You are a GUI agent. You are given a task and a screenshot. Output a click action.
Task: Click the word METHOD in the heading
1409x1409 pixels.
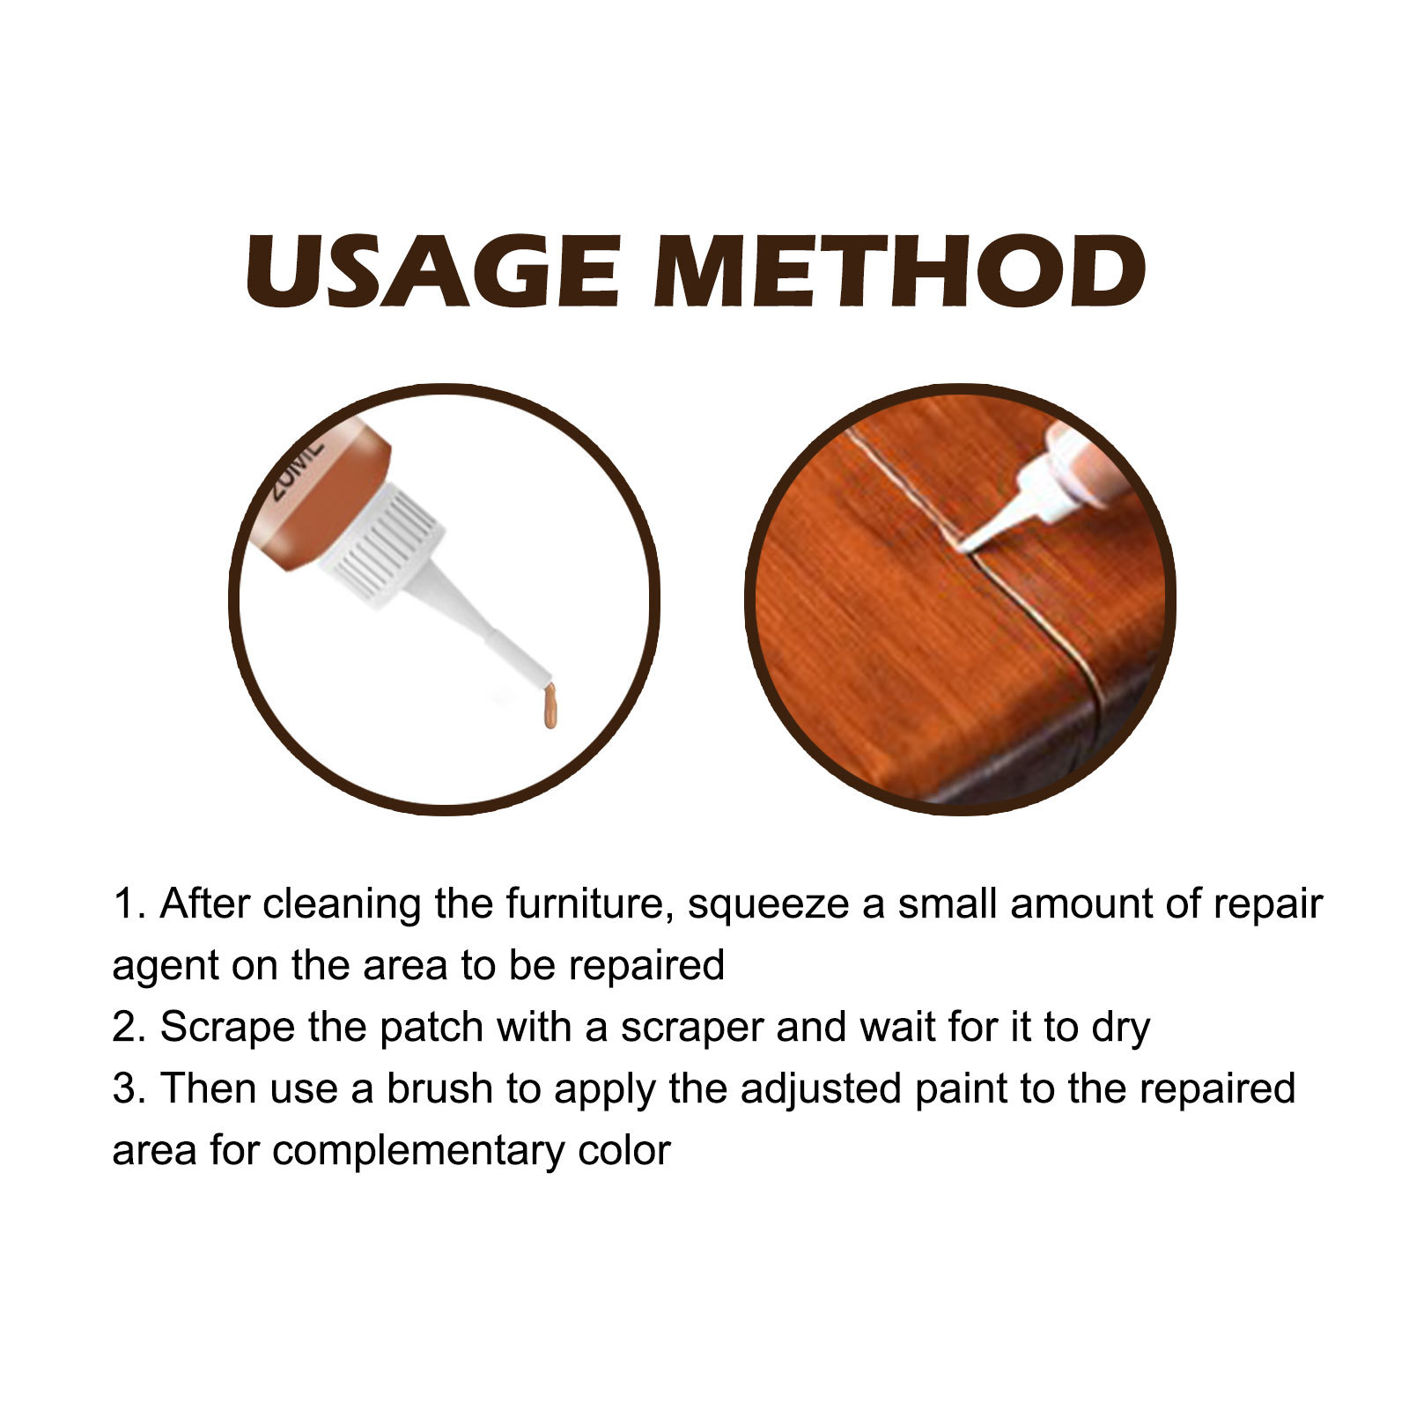[898, 271]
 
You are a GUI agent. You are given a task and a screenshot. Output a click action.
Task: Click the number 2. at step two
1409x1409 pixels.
[129, 1028]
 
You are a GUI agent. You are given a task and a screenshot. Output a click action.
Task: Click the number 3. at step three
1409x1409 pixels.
[129, 1088]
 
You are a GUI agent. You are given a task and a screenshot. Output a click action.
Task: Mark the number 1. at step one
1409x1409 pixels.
[129, 904]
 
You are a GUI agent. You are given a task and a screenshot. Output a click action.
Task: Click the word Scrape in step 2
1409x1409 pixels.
[226, 1029]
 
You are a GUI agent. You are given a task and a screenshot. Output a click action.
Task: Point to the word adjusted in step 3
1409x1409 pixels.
[821, 1090]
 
